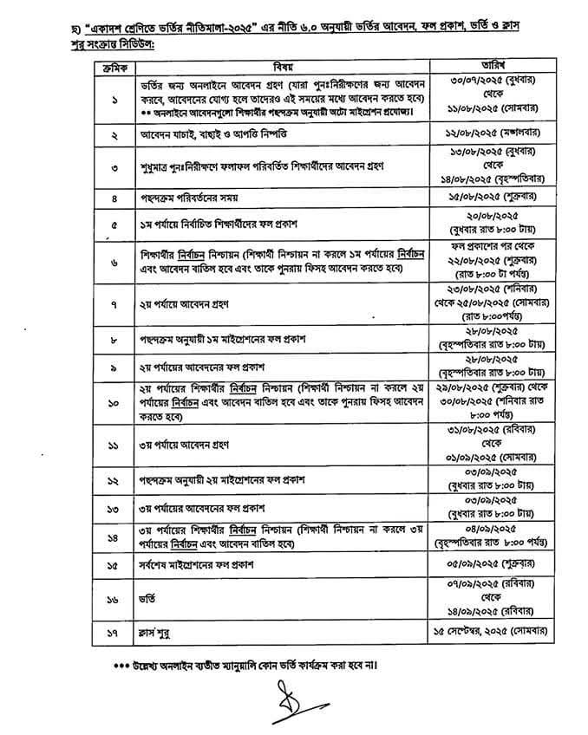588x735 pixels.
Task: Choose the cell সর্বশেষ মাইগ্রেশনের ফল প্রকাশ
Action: click(205, 564)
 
